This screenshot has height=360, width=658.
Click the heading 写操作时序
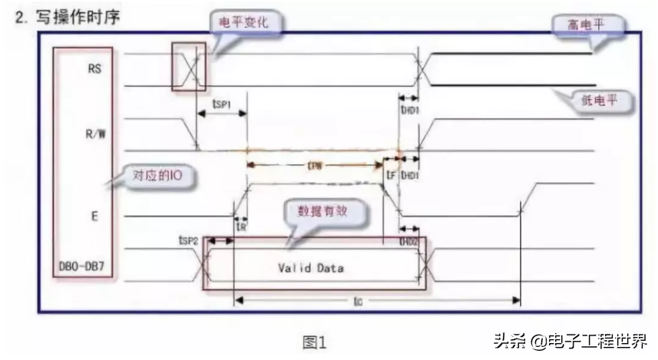pyautogui.click(x=74, y=16)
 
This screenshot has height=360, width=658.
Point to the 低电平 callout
pyautogui.click(x=597, y=99)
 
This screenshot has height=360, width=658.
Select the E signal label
pyautogui.click(x=94, y=216)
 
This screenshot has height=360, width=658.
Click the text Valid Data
pyautogui.click(x=311, y=268)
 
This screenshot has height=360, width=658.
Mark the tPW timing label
pyautogui.click(x=315, y=164)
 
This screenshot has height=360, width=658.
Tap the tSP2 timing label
pyautogui.click(x=189, y=241)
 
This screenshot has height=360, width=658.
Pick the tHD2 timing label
pyautogui.click(x=408, y=241)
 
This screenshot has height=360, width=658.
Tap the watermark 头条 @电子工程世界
pyautogui.click(x=570, y=340)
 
